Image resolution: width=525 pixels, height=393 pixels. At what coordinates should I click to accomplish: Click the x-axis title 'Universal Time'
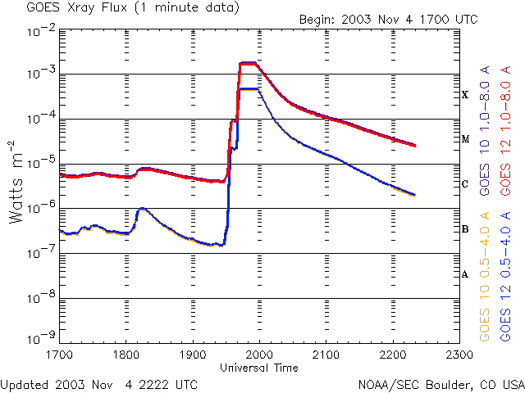[259, 368]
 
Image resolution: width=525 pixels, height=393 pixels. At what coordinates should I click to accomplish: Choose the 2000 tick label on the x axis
[259, 355]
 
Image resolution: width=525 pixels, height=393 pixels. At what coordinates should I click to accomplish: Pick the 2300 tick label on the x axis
[459, 355]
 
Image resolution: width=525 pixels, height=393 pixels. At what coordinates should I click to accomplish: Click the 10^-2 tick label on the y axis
[39, 30]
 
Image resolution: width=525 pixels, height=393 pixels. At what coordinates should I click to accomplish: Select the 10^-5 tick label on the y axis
[39, 163]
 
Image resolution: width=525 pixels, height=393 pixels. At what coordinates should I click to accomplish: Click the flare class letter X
[465, 95]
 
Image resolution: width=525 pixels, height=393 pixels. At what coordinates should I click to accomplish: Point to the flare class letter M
[465, 139]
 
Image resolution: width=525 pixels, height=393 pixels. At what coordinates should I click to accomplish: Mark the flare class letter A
[465, 274]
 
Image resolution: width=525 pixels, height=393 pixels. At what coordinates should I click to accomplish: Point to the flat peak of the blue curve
[249, 88]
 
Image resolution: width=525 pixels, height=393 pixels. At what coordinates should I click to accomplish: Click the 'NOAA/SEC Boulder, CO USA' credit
[441, 384]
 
